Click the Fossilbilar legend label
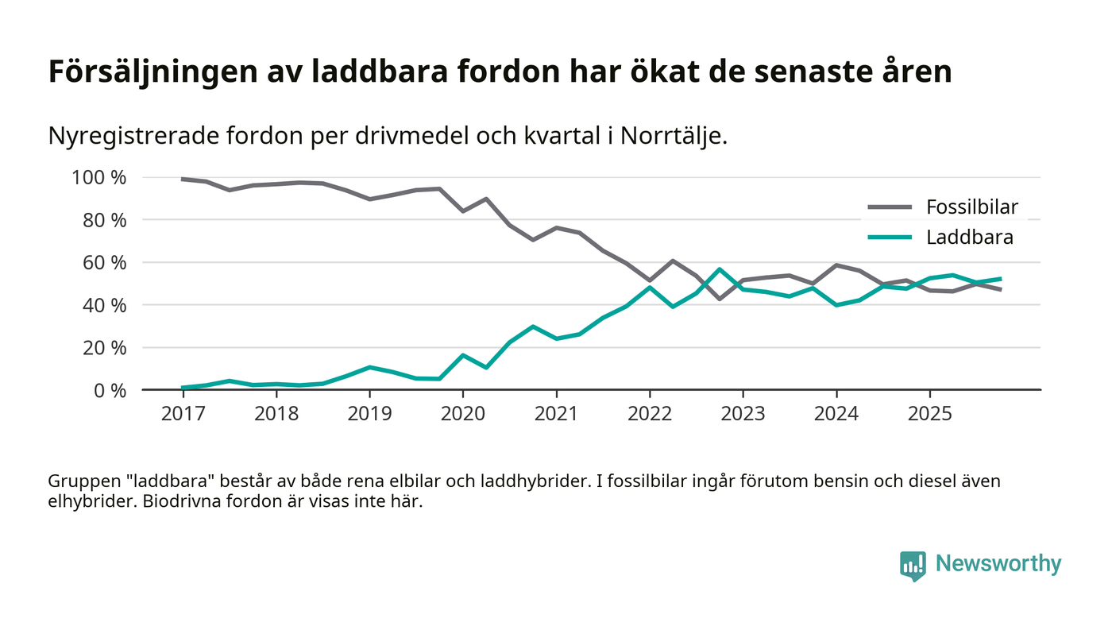click(971, 208)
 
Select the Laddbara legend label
click(969, 237)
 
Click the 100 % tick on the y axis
click(99, 177)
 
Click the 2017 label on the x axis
click(183, 415)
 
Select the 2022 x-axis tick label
click(650, 415)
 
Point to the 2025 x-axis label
click(929, 415)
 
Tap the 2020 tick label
click(462, 415)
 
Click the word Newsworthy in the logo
click(998, 564)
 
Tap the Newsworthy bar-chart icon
click(913, 565)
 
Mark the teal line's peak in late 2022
click(720, 269)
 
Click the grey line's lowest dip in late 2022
click(720, 299)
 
